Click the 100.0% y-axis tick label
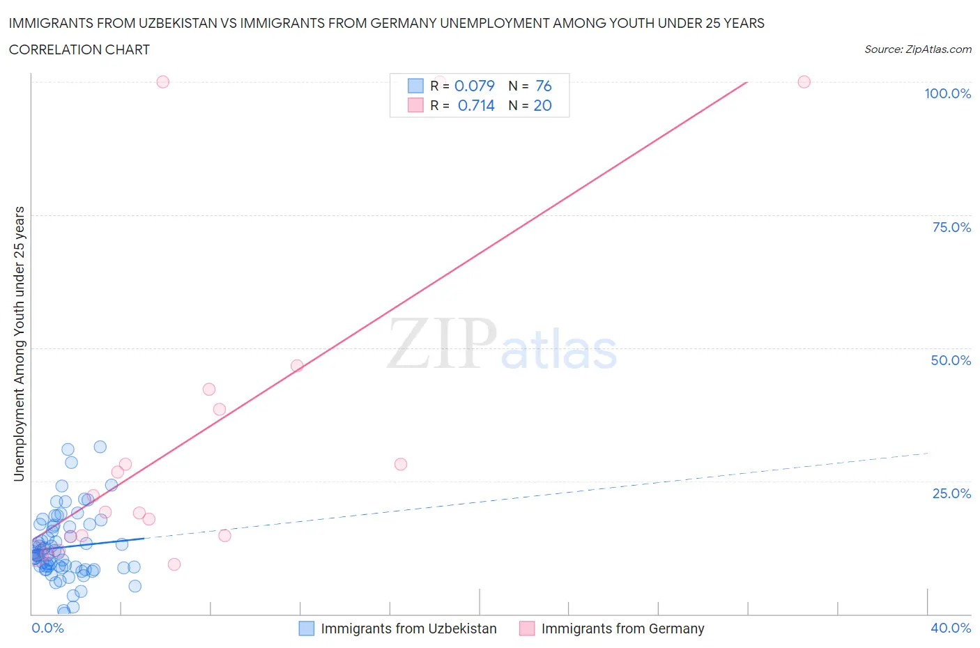pos(947,94)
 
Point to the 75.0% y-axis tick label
pos(951,227)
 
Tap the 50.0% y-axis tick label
pos(951,360)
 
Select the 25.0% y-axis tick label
pos(951,493)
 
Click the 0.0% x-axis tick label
pos(47,628)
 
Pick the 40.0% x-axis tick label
pos(951,628)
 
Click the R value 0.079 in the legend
pos(474,86)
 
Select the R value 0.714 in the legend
pos(476,105)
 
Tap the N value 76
pos(544,86)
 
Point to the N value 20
pos(542,105)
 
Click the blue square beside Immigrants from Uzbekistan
pos(307,628)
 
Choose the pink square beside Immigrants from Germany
pos(527,628)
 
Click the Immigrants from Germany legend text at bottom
pos(622,628)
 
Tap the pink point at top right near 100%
pos(804,82)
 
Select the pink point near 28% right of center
pos(401,464)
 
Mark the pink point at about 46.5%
pos(297,366)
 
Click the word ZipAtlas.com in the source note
pos(938,49)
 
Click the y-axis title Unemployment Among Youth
pos(19,344)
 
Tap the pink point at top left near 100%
pos(162,82)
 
